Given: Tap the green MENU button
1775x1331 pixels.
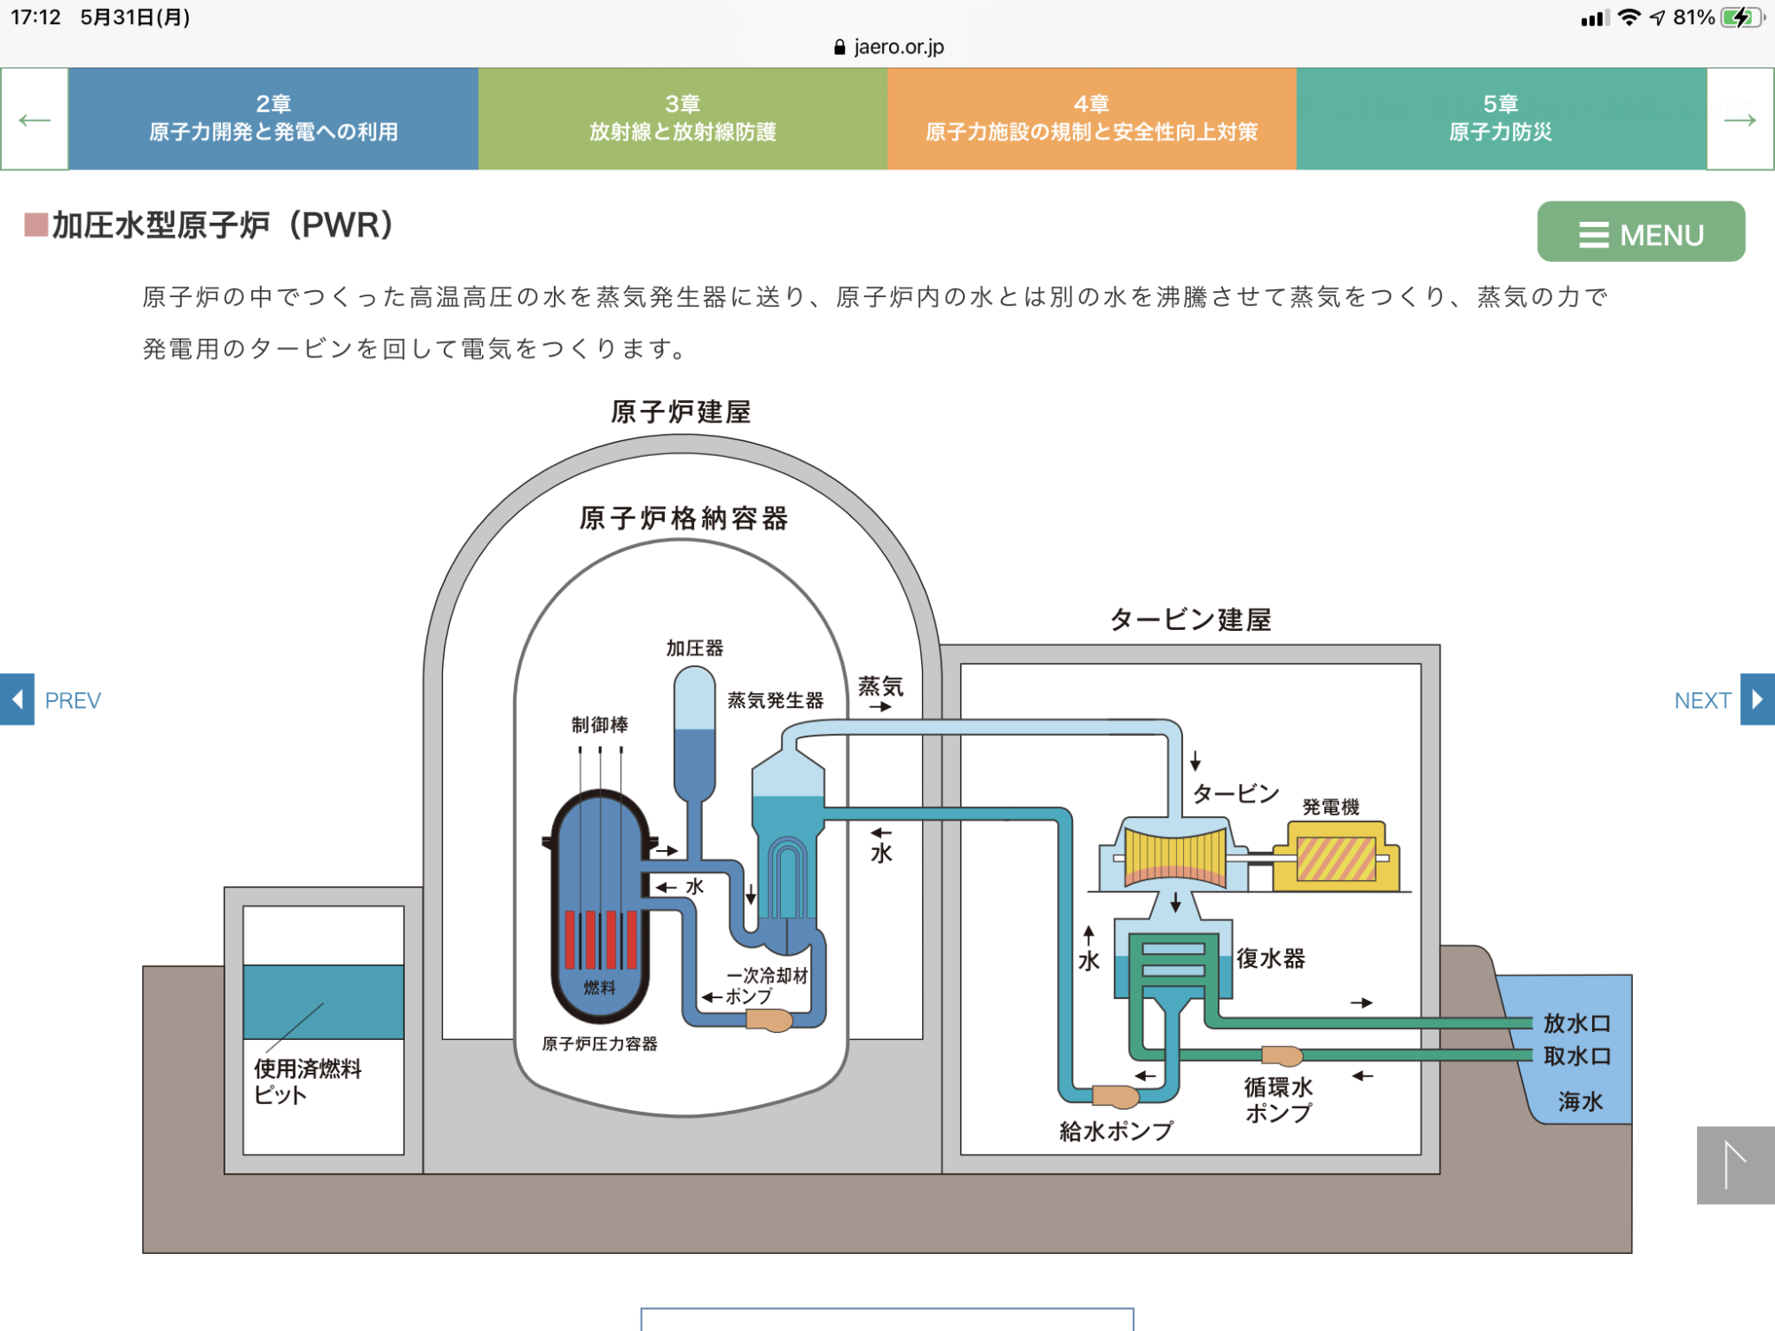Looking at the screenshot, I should pyautogui.click(x=1640, y=232).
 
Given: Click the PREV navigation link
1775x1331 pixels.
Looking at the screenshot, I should pyautogui.click(x=53, y=700).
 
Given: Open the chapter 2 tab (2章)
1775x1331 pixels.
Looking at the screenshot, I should pyautogui.click(x=273, y=119).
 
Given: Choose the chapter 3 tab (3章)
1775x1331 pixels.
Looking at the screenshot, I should pyautogui.click(x=682, y=119).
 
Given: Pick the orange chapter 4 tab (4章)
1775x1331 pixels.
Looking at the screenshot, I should pyautogui.click(x=1092, y=119).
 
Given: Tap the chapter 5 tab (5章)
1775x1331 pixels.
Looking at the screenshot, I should pyautogui.click(x=1501, y=119).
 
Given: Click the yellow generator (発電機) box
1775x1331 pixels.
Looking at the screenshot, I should pyautogui.click(x=1336, y=857).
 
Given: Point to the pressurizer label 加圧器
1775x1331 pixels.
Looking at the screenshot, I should pyautogui.click(x=695, y=649).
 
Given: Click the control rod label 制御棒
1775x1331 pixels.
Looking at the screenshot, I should pyautogui.click(x=600, y=725).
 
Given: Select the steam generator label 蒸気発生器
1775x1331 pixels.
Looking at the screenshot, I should pyautogui.click(x=776, y=700).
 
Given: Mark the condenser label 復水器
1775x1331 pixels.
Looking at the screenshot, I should pyautogui.click(x=1271, y=958).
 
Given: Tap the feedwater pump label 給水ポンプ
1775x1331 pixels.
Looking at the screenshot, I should pyautogui.click(x=1116, y=1130).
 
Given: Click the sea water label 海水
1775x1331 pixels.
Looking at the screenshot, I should pyautogui.click(x=1580, y=1101).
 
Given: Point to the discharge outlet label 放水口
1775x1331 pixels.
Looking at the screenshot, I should pyautogui.click(x=1577, y=1023).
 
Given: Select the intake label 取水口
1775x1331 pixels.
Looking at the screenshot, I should pyautogui.click(x=1577, y=1056).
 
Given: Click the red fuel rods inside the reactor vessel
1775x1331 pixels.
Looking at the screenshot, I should pyautogui.click(x=601, y=939).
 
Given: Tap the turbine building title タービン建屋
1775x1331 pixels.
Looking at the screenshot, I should pyautogui.click(x=1190, y=619).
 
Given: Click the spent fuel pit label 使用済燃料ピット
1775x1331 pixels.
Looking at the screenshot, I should pyautogui.click(x=307, y=1081).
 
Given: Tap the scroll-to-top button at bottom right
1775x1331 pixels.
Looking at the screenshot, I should pyautogui.click(x=1735, y=1165).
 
